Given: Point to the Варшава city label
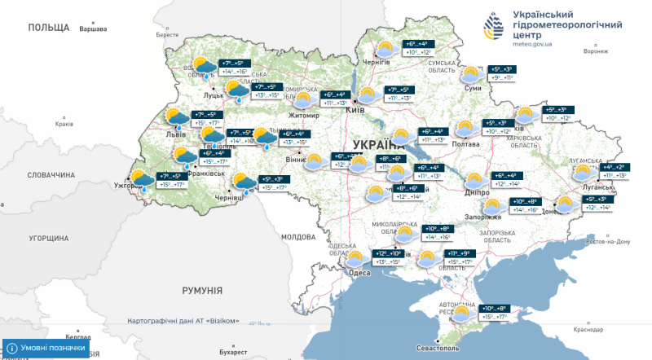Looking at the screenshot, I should pyautogui.click(x=92, y=29).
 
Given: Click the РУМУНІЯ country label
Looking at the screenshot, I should pyautogui.click(x=202, y=290).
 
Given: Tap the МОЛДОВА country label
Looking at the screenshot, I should pyautogui.click(x=297, y=236).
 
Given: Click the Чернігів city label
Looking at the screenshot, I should pyautogui.click(x=377, y=62).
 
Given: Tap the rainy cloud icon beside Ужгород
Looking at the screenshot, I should pyautogui.click(x=143, y=181).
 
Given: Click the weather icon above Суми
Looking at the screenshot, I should pyautogui.click(x=472, y=75).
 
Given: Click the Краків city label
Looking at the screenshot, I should pyautogui.click(x=64, y=125).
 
